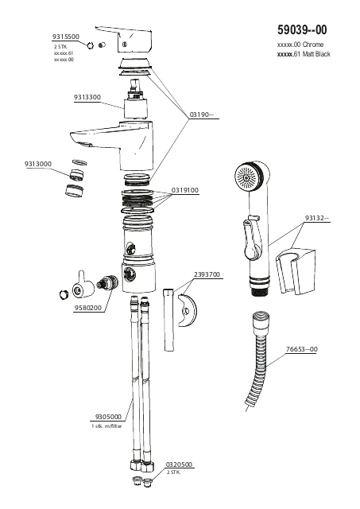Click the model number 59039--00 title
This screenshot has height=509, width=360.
click(302, 30)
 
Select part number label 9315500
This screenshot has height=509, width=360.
click(66, 37)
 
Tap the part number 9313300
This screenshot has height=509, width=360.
click(87, 97)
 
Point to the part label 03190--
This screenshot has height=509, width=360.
click(202, 115)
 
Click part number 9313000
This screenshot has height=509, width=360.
click(38, 164)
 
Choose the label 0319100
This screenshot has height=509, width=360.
click(185, 190)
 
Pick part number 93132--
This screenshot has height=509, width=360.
click(317, 218)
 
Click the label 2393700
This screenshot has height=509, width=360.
click(207, 274)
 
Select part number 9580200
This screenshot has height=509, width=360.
click(88, 308)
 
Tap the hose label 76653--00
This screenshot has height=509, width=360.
click(302, 349)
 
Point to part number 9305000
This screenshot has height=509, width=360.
click(108, 417)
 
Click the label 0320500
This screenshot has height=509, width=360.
click(179, 464)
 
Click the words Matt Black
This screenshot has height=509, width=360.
click(316, 54)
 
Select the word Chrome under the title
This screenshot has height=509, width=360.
click(313, 45)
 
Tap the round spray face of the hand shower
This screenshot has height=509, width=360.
click(247, 177)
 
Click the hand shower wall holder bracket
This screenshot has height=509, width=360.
click(296, 271)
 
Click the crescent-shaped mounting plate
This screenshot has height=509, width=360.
click(188, 311)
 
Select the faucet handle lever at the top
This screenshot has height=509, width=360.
click(124, 39)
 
